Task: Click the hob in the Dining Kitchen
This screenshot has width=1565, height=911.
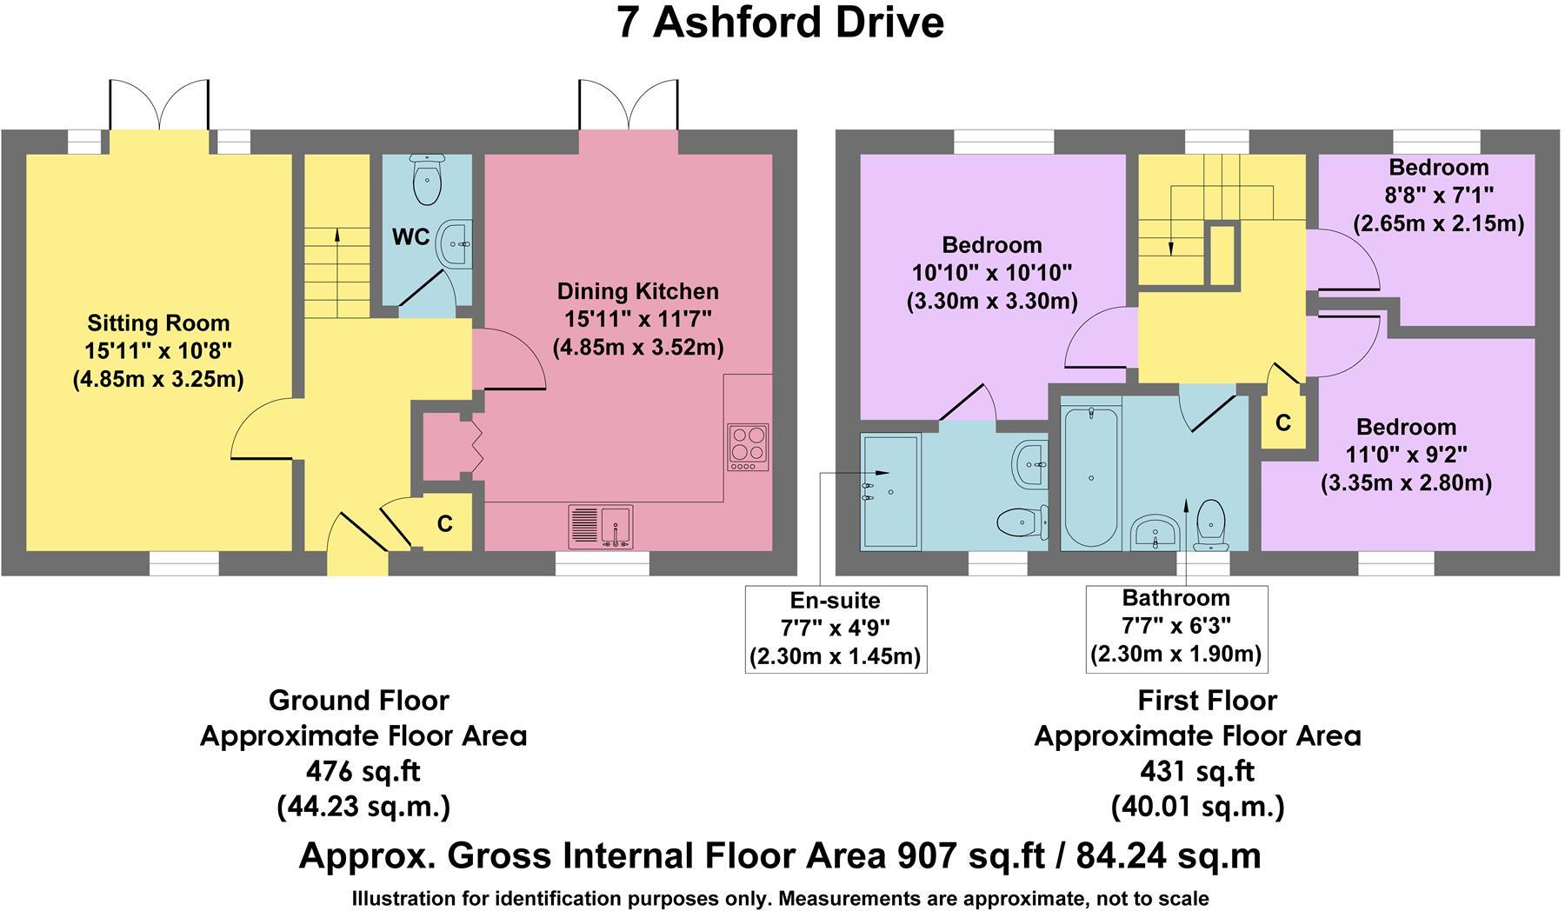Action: pos(748,448)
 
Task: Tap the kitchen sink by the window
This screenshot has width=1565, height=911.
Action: pos(601,527)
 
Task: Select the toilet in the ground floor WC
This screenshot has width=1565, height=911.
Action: pos(427,179)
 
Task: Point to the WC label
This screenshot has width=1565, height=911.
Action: pos(410,236)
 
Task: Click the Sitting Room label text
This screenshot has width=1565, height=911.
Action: pos(158,323)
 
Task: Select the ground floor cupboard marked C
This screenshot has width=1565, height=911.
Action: pos(444,523)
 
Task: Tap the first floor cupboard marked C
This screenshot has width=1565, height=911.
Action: pos(1283,422)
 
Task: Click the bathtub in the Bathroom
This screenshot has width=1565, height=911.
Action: pos(1090,477)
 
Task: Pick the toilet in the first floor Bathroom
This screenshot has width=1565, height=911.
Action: pos(1210,525)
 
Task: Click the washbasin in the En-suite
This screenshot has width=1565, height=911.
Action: pos(1031,464)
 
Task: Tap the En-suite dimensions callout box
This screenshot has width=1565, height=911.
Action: pos(836,628)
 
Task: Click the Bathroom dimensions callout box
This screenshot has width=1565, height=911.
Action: pos(1176,628)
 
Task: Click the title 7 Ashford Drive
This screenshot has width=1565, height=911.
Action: pos(780,23)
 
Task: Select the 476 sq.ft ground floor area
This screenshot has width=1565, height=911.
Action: pos(363,771)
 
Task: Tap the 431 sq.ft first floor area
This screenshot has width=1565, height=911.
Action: pos(1197,771)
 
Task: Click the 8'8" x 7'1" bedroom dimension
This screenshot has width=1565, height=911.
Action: pos(1438,196)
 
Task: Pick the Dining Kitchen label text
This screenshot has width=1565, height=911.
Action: pos(638,291)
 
